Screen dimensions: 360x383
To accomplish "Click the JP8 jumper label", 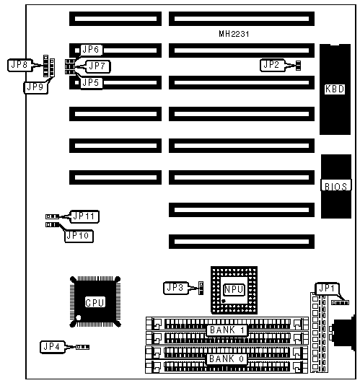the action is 19,65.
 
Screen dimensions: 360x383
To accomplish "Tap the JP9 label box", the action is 35,87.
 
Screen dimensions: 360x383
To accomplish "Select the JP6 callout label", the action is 91,50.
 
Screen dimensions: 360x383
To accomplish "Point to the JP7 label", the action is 97,66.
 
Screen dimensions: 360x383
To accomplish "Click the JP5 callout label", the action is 91,83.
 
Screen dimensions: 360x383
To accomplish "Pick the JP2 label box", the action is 272,65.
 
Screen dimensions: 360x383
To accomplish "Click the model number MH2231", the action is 234,34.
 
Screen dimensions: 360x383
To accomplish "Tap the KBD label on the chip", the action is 335,89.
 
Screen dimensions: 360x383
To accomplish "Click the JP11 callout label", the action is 84,216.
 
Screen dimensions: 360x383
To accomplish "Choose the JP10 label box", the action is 79,236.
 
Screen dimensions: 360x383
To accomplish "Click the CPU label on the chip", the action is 95,302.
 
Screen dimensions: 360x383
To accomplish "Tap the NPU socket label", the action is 234,289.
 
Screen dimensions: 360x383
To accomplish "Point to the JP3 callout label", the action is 176,288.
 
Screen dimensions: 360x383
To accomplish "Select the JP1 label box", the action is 328,289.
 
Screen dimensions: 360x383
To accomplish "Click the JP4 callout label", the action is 53,347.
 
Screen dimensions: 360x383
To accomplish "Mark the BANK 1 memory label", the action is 227,330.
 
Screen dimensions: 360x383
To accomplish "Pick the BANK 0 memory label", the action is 227,358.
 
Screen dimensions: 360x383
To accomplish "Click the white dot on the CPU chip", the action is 79,318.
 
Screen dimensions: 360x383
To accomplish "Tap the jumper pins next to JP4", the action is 82,347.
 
